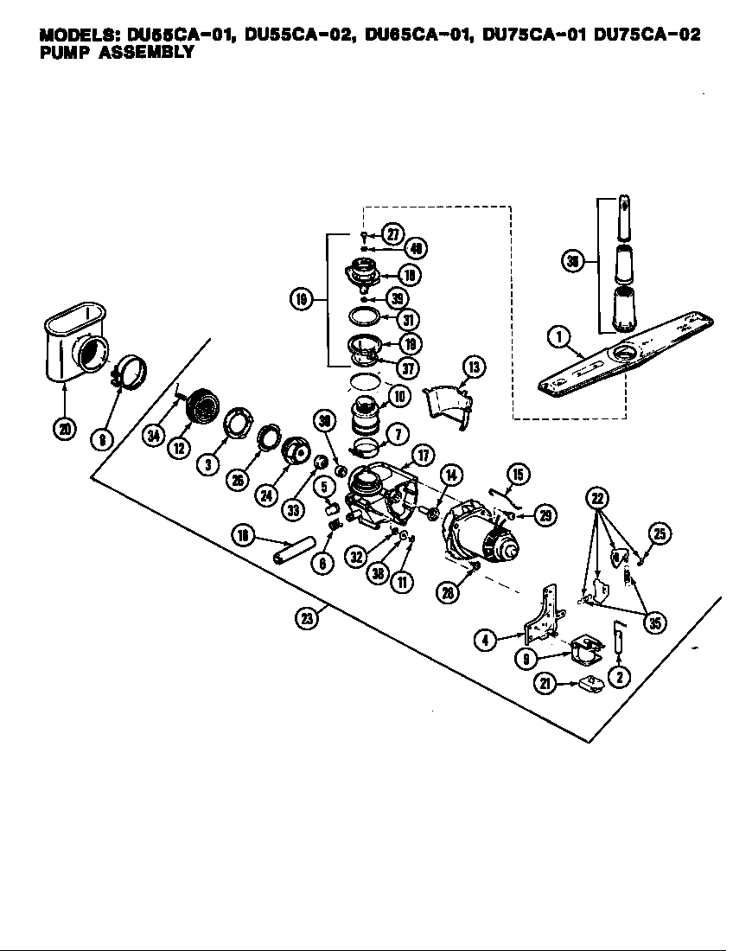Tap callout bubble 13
pos(473,367)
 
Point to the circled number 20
pos(63,426)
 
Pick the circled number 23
pos(304,619)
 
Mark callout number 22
pos(596,497)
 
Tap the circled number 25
pos(660,535)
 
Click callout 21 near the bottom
pos(545,685)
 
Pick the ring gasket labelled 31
pos(366,317)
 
